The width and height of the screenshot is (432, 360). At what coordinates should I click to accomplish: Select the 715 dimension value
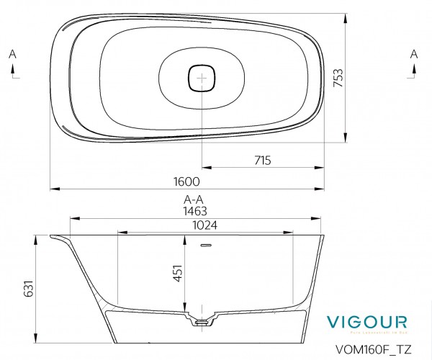(262, 161)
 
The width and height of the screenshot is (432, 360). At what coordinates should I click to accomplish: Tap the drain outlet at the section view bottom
(204, 320)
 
